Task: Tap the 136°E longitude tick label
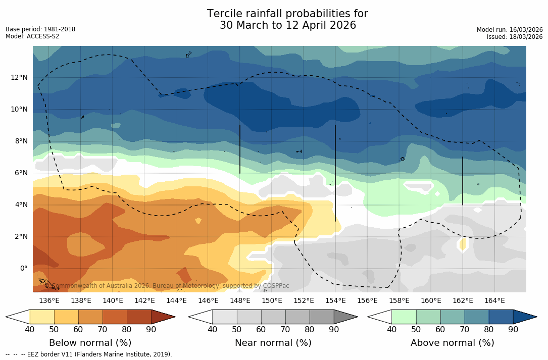click(49, 300)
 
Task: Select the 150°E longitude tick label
click(272, 300)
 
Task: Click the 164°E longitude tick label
click(494, 300)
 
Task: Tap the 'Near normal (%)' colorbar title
click(273, 343)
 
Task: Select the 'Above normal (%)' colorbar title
click(452, 343)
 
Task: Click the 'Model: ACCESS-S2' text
click(32, 36)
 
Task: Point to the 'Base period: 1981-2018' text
click(40, 29)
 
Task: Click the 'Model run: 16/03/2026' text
click(510, 30)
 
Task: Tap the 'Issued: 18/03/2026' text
click(515, 37)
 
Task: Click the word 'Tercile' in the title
click(226, 14)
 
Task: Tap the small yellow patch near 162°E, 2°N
click(463, 244)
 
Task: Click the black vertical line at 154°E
click(335, 172)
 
